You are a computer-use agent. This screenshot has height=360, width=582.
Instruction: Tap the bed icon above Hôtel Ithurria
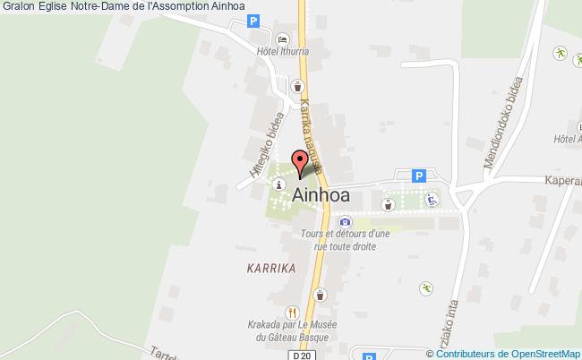point(283,40)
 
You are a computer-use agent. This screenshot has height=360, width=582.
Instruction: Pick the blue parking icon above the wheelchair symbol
point(417,176)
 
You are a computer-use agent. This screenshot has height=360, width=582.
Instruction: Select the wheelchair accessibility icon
point(431,200)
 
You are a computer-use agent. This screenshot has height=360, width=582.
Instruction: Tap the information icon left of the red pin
point(281,184)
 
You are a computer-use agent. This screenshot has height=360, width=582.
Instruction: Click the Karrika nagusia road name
point(312,124)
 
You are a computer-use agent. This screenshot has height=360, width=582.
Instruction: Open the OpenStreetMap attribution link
point(529,354)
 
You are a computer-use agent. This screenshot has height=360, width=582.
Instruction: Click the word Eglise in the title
point(52,7)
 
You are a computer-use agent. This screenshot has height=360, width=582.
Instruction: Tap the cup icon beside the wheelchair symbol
point(388,204)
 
